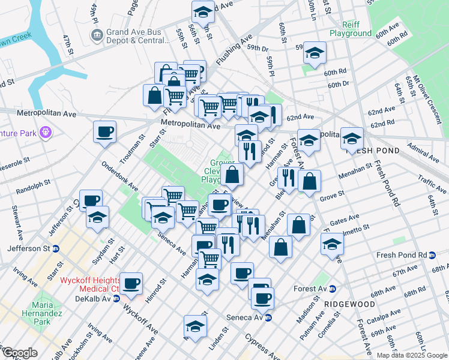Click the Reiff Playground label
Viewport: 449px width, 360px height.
pos(357,28)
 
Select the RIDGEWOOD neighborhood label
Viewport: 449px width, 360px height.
pos(349,304)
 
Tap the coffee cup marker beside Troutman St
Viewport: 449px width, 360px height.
pos(104,132)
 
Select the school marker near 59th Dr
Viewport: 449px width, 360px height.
pos(315,53)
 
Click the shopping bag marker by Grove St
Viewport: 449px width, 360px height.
pos(309,181)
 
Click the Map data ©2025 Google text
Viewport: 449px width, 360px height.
pos(412,355)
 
